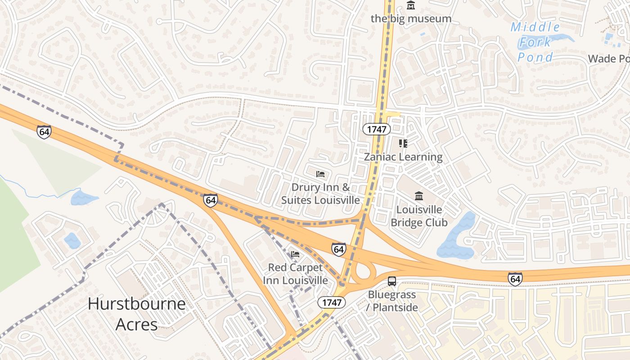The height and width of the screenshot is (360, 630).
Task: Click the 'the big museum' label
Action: pos(410,18)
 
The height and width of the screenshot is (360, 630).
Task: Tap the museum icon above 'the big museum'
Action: pos(410,6)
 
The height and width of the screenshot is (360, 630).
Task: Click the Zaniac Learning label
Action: pos(403,157)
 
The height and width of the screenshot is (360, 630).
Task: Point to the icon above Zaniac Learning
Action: pos(403,144)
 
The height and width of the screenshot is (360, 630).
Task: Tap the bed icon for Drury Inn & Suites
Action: pos(320,174)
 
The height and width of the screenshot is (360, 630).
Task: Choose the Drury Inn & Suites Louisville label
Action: pos(320,193)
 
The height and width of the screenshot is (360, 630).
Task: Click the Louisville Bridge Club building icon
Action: pos(419,196)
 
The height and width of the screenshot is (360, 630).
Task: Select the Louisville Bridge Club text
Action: pos(419,216)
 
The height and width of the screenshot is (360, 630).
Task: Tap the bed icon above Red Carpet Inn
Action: pos(295,254)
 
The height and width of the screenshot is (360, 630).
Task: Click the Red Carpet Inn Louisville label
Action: pos(295,274)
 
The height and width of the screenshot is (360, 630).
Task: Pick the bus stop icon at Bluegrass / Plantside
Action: pos(392,281)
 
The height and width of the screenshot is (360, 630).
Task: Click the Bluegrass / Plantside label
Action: pos(393,301)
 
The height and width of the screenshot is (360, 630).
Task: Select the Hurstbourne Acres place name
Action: pos(137,314)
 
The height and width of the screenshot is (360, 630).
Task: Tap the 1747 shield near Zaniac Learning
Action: pos(377,129)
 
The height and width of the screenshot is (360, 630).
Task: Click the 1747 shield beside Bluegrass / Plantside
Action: pos(332,302)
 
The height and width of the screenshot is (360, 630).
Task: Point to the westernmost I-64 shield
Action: pos(44,132)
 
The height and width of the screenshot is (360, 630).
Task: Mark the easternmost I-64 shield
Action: pos(515,279)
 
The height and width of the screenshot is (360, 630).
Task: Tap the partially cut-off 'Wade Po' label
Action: pos(608,58)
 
